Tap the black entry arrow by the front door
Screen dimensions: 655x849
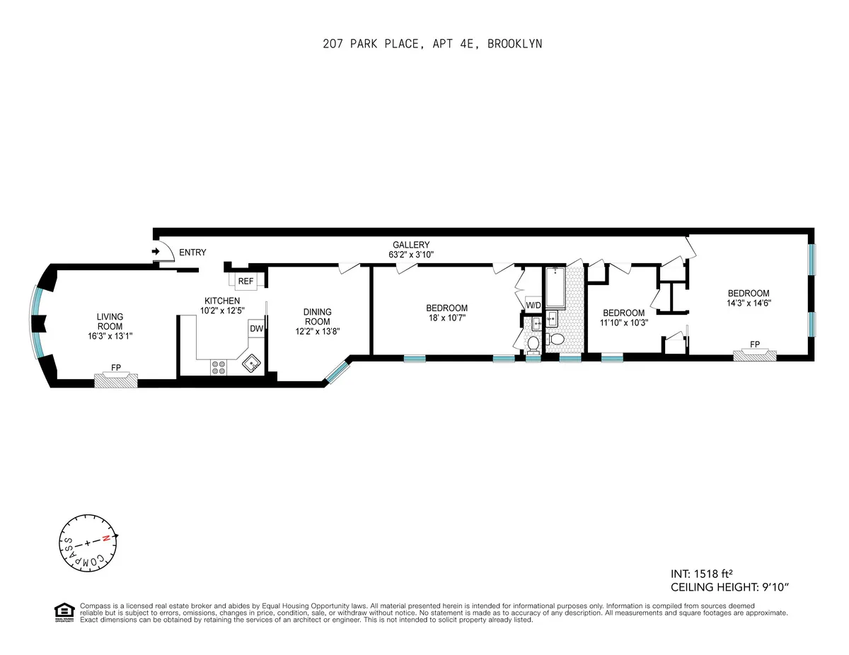pyautogui.click(x=156, y=251)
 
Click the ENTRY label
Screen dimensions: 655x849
pyautogui.click(x=192, y=253)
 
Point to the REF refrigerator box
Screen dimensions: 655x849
pyautogui.click(x=246, y=281)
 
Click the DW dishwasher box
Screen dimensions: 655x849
pyautogui.click(x=256, y=329)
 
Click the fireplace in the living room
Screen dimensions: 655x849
pyautogui.click(x=116, y=380)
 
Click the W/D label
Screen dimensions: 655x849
pyautogui.click(x=533, y=305)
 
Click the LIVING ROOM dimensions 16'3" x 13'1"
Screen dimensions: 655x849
pyautogui.click(x=110, y=337)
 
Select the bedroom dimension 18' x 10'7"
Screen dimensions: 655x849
pyautogui.click(x=446, y=318)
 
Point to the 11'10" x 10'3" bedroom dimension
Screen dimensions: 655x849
pyautogui.click(x=623, y=323)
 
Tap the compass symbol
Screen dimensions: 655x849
pyautogui.click(x=86, y=543)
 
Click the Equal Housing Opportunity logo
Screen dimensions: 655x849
pyautogui.click(x=64, y=613)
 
